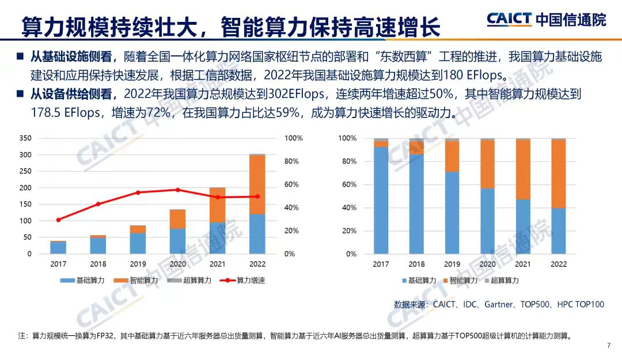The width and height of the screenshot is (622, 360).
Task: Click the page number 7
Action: pos(608,345)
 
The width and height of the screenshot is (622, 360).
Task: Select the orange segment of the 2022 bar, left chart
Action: pos(257,184)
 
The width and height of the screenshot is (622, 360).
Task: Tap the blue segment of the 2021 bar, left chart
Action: pos(217,238)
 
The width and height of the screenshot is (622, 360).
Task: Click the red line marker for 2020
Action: pos(177,190)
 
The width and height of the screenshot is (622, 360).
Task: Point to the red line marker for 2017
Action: pos(58,219)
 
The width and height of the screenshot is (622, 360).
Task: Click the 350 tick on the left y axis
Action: pos(26,138)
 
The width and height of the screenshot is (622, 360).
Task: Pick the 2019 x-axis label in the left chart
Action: pos(138,264)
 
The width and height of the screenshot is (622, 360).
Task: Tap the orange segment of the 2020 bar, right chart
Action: pos(487,164)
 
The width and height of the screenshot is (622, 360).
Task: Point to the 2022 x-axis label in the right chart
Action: pos(559,264)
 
